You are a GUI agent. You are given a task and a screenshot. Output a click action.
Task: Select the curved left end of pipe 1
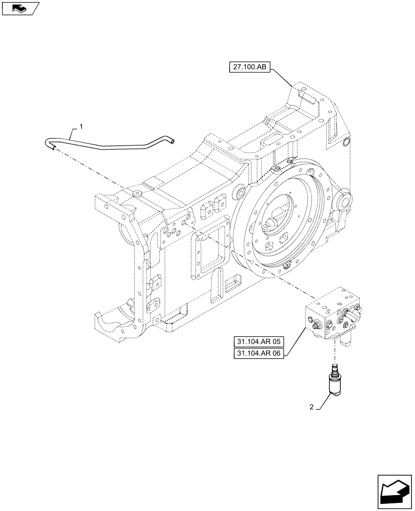click(50, 144)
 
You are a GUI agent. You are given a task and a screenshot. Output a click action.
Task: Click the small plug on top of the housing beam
click(137, 194)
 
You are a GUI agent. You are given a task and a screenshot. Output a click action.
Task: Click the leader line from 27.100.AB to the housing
click(283, 76)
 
